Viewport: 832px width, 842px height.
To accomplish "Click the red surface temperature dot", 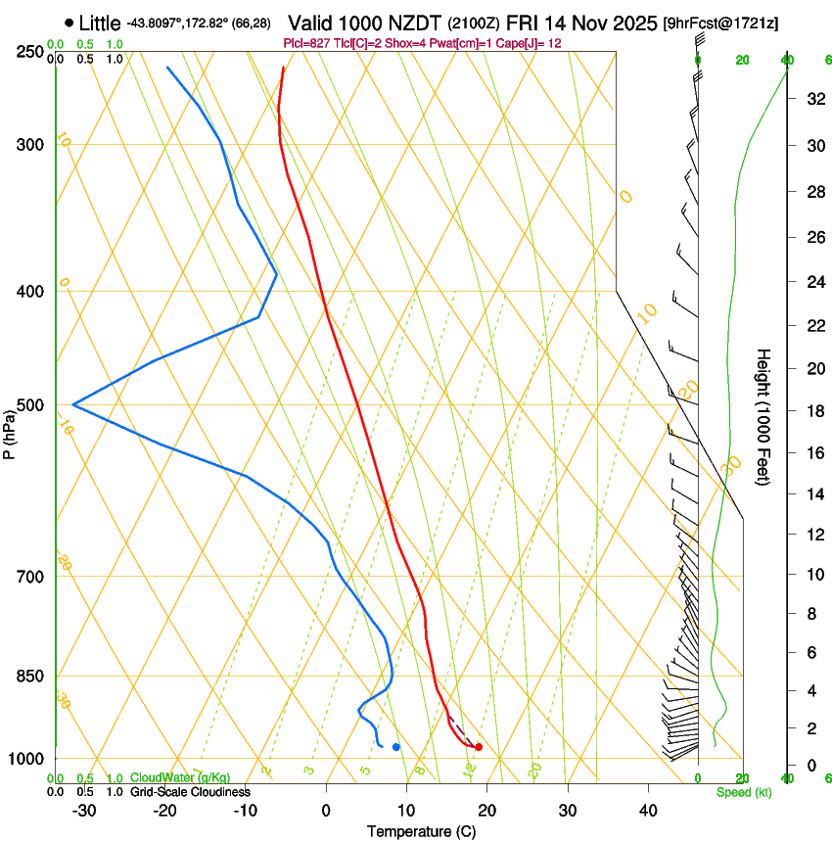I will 479,747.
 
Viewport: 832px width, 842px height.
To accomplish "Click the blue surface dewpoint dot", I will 395,747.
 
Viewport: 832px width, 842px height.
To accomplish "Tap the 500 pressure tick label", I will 30,405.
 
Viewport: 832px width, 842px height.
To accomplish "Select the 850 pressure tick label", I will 30,677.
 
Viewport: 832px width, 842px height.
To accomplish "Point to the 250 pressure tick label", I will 30,51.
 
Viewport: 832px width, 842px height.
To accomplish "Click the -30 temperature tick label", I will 84,810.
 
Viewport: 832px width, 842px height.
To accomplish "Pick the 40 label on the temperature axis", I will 648,810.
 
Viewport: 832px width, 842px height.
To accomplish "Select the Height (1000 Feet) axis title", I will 764,416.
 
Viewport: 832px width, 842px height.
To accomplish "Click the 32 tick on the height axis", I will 813,99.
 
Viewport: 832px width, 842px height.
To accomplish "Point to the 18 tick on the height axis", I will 813,411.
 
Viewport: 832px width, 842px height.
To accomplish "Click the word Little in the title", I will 99,23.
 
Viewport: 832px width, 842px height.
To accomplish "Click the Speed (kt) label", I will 743,792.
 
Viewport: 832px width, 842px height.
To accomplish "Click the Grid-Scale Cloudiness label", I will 190,791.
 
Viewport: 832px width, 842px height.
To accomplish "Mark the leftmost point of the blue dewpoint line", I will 73,404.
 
